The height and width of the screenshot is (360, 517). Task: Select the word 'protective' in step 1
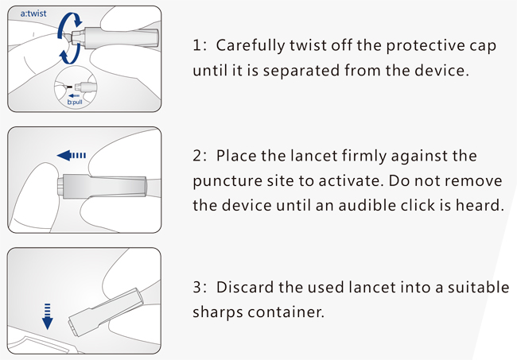426,45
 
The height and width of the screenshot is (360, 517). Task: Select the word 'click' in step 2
426,204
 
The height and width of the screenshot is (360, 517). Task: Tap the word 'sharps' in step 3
215,312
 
